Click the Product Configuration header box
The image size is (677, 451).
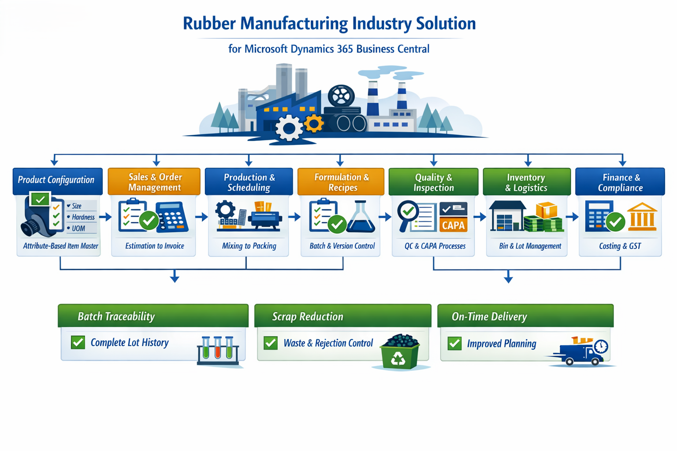pos(57,180)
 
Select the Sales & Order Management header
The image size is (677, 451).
pos(154,182)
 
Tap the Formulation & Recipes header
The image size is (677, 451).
pos(341,182)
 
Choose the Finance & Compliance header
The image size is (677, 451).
pos(620,182)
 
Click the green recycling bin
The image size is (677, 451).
pos(400,353)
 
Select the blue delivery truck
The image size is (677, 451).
pos(580,353)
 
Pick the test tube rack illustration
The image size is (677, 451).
pos(218,350)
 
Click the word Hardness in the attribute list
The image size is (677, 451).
pos(83,217)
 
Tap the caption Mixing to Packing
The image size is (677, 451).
pos(249,246)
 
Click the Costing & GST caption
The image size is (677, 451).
pos(620,246)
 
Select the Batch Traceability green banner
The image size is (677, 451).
pos(153,316)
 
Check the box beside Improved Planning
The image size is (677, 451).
pos(454,344)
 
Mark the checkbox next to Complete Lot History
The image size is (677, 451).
pos(78,342)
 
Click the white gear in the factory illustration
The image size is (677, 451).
pos(289,128)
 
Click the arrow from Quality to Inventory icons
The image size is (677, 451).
pos(480,217)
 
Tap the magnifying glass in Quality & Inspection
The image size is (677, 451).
pos(408,214)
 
